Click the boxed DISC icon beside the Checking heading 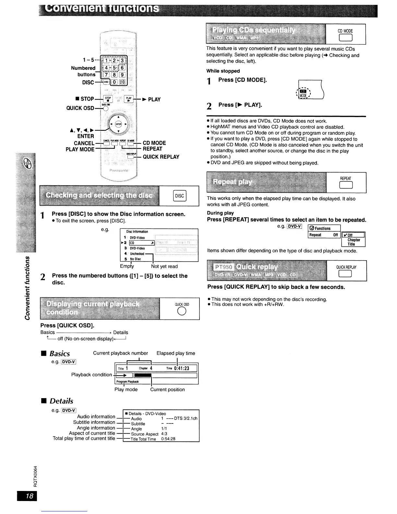click(x=179, y=196)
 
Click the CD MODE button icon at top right click(x=345, y=38)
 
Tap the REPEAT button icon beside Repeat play click(x=345, y=185)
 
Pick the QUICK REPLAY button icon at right click(x=346, y=275)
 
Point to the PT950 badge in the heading click(x=223, y=267)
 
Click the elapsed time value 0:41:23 click(x=181, y=368)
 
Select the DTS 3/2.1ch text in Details click(x=186, y=418)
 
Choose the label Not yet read click(x=164, y=266)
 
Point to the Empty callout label click(x=127, y=266)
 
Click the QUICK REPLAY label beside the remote click(x=161, y=157)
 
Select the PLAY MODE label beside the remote click(x=80, y=149)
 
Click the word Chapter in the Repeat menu click(x=354, y=240)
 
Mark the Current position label click(x=167, y=389)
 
